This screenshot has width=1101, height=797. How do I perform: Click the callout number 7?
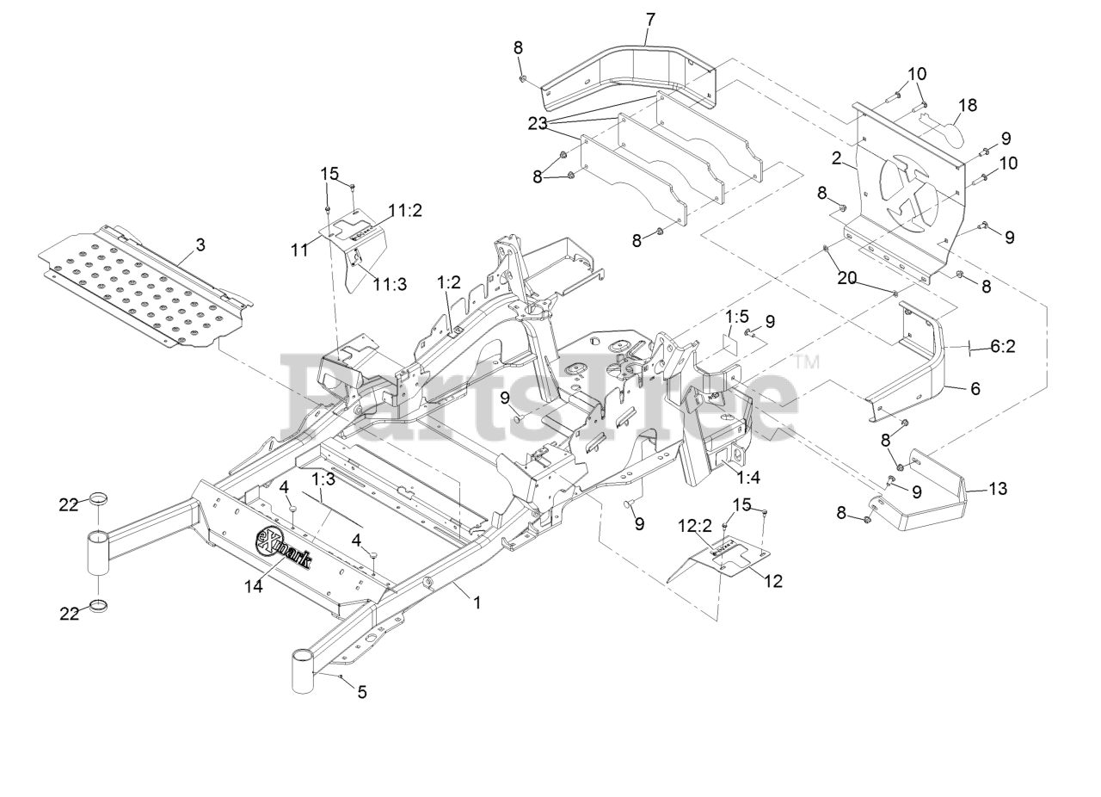coord(650,18)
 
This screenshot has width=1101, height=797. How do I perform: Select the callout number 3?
coord(200,245)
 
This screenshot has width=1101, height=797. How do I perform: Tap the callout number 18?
coord(968,106)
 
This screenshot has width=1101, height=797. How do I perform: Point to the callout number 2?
coord(835,158)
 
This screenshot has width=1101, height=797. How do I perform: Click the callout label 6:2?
coord(1003,346)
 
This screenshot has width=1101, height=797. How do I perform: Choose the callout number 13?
coord(998,489)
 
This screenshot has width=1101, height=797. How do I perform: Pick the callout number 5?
coord(362,692)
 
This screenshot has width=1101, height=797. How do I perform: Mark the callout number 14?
coord(253,585)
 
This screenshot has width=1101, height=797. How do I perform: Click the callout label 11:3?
coord(390,285)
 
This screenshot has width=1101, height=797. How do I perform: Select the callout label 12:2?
coord(695,525)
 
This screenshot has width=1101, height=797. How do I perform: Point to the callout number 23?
coord(538,124)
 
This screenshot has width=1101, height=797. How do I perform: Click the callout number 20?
coord(847,279)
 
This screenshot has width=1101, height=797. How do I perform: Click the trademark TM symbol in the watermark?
coord(807,363)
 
